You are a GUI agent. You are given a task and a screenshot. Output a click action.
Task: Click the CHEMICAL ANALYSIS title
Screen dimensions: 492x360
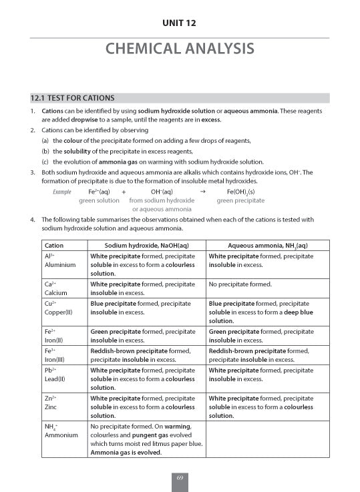pos(180,49)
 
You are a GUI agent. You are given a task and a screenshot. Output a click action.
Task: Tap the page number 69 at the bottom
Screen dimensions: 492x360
pos(180,478)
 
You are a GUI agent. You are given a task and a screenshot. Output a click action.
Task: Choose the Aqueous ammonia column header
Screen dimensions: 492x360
pos(267,245)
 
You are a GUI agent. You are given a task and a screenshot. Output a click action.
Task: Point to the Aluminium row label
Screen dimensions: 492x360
pos(60,264)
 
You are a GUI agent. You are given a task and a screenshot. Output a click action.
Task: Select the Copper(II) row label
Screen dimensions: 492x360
pos(58,312)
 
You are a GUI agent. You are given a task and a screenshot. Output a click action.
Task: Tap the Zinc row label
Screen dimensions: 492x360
pos(51,406)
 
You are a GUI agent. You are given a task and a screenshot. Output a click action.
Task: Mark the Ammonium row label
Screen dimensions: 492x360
pos(61,435)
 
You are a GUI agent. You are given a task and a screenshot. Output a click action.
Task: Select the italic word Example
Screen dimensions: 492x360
pos(61,192)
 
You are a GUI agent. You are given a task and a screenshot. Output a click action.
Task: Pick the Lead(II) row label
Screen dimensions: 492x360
pos(55,379)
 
